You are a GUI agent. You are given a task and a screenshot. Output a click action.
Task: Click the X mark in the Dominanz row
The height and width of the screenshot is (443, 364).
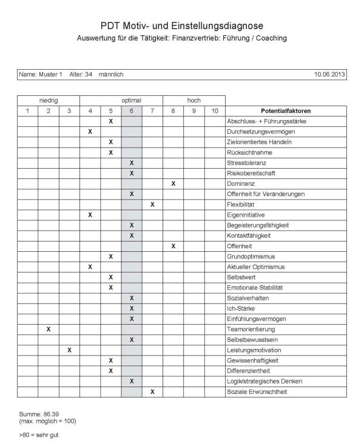[x=173, y=183]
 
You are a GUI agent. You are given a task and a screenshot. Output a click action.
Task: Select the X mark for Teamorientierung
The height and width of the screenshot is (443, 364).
[x=49, y=329]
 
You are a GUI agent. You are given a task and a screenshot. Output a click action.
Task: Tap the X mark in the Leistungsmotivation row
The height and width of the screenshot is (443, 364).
[x=69, y=350]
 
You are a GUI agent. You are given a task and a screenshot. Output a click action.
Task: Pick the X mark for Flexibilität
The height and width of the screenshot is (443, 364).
[x=152, y=205]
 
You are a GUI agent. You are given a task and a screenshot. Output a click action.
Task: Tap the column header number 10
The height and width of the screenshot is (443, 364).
[x=215, y=110]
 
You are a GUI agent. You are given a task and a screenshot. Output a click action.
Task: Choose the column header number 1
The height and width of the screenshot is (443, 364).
[x=27, y=110]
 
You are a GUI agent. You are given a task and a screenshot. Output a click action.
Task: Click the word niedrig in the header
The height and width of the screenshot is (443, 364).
[x=49, y=100]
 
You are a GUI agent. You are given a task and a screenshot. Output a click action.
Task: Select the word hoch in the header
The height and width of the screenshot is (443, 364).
[x=194, y=100]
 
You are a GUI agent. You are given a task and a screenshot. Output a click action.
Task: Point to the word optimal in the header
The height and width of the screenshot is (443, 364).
[x=132, y=100]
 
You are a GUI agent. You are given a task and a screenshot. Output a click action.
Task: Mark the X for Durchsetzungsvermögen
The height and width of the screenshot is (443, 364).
[x=90, y=131]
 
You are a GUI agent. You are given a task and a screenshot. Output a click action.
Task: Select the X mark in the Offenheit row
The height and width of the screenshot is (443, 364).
[x=173, y=246]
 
